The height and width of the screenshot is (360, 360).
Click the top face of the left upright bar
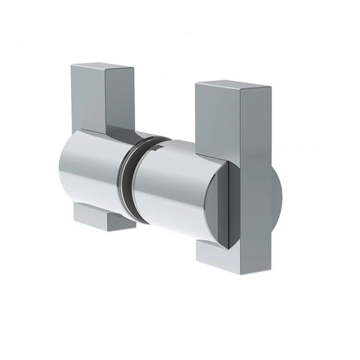click(101, 68)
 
